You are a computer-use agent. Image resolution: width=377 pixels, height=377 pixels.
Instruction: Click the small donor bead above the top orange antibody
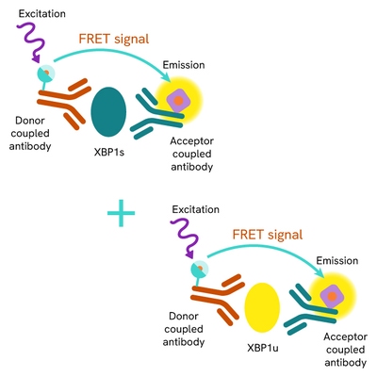pyautogui.click(x=43, y=74)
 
